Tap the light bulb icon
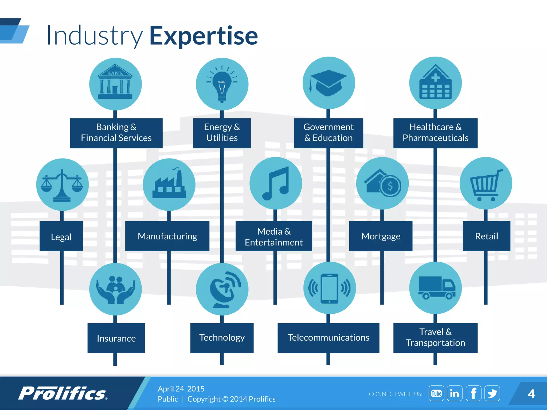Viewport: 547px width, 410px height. [x=222, y=84]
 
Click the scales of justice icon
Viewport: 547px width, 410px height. [x=62, y=185]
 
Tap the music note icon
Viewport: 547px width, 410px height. [x=276, y=183]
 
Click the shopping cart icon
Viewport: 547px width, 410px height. [x=486, y=184]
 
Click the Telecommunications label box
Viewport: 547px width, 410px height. [x=328, y=338]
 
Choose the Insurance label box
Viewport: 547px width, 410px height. [x=116, y=338]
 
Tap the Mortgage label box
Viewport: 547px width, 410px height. [x=381, y=236]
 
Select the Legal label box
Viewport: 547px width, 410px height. [x=61, y=236]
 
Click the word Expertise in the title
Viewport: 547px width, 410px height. [x=204, y=36]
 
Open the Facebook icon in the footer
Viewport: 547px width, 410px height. [x=473, y=393]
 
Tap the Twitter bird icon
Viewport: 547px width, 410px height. [x=492, y=393]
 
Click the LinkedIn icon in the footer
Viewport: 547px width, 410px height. [x=455, y=393]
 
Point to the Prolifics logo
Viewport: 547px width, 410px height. [x=63, y=393]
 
